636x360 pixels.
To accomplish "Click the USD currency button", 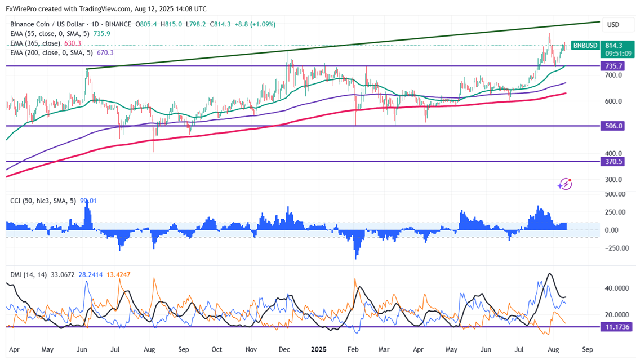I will [x=612, y=25].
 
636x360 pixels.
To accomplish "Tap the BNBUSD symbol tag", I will [x=586, y=45].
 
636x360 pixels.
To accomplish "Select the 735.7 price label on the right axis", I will [x=613, y=66].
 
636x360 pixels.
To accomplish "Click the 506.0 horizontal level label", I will [x=613, y=126].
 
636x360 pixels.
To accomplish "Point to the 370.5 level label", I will [x=613, y=161].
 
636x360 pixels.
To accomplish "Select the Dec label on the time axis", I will [x=284, y=349].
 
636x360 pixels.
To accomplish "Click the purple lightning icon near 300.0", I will [x=564, y=184].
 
